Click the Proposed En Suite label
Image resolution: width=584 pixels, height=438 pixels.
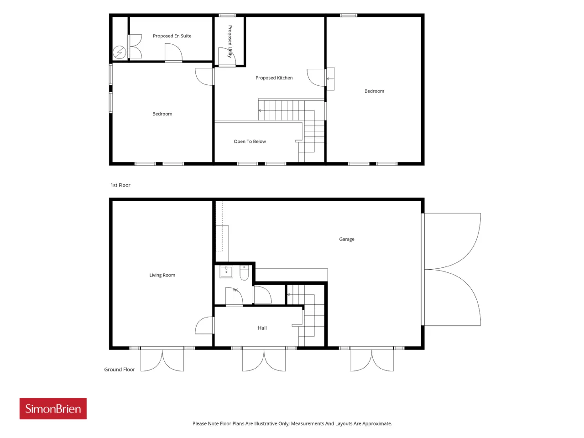coord(172,36)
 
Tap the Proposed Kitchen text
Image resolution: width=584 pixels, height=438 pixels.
coord(274,78)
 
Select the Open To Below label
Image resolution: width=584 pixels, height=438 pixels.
coord(250,141)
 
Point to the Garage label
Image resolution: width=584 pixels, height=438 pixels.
coord(346,239)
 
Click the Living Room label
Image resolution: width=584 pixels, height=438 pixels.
coord(162,275)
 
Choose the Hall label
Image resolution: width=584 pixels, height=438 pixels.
coord(262,328)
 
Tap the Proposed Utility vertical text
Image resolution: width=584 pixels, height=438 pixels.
coord(230,42)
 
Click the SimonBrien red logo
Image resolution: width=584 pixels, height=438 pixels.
coord(53,408)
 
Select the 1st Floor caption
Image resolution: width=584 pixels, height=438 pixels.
coord(120,185)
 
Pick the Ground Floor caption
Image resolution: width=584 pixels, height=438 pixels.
coord(120,370)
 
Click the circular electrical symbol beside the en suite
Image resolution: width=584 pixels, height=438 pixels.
coord(119,52)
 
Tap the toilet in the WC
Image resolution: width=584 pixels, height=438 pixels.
coord(244,273)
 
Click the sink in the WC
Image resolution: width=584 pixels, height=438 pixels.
coord(226,272)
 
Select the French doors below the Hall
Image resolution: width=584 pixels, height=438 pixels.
coord(264,359)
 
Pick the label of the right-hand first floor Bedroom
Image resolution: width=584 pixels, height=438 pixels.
coord(374,91)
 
